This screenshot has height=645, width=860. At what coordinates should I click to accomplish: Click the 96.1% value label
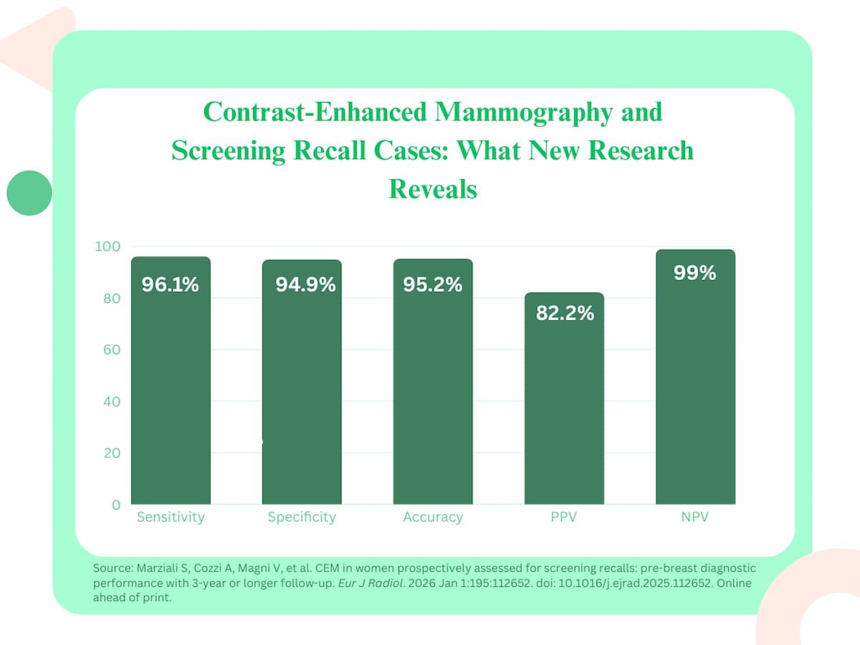point(170,285)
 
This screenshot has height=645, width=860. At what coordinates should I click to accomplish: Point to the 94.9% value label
point(305,285)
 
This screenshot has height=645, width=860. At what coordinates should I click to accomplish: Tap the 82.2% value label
point(565,312)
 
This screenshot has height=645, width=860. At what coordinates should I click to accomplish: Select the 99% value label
point(694,273)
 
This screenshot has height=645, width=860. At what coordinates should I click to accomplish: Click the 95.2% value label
point(432,285)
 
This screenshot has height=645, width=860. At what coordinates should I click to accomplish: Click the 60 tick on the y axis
point(110,350)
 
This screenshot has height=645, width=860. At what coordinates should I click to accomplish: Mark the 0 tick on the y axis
point(115,505)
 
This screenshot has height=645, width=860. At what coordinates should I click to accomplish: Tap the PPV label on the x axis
point(564,517)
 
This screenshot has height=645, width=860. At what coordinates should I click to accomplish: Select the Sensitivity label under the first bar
point(171,517)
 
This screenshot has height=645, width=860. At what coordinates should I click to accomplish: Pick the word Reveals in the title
point(432,189)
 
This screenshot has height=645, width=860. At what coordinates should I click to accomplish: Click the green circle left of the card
point(29,193)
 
